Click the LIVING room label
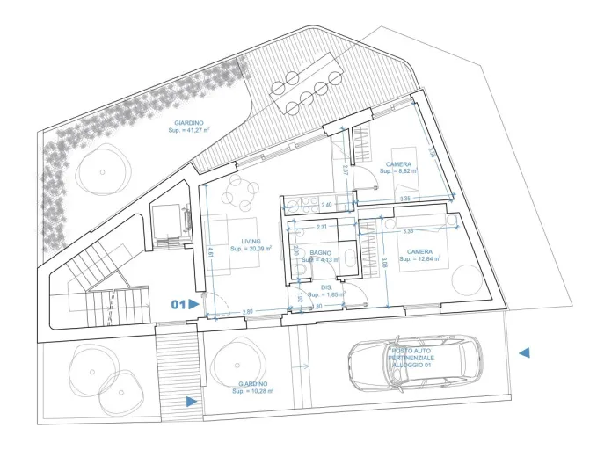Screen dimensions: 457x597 (250, 244)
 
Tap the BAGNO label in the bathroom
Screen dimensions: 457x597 (320, 256)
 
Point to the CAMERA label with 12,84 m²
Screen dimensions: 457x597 (419, 256)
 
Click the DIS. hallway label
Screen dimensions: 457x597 (326, 290)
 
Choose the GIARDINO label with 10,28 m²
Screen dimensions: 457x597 (253, 387)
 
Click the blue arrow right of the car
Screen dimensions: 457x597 (524, 352)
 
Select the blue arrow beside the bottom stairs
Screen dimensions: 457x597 (192, 402)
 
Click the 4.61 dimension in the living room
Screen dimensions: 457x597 (211, 251)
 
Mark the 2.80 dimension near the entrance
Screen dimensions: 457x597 (247, 312)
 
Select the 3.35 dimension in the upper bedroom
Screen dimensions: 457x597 (404, 199)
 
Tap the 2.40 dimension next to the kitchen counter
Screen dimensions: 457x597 (327, 205)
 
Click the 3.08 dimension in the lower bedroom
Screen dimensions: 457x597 (384, 260)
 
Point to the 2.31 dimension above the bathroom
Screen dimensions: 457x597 (322, 228)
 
